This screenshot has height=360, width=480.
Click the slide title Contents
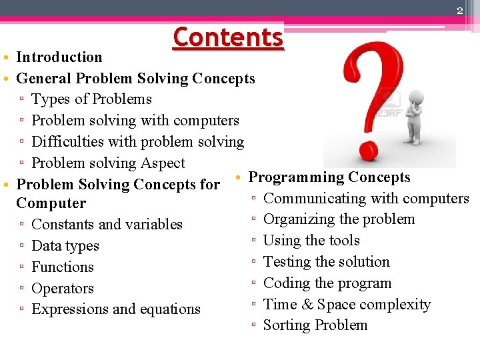coord(228,37)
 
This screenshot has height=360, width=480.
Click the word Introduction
coord(59,57)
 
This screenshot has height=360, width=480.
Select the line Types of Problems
coord(91,99)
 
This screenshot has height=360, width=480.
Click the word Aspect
coord(164,163)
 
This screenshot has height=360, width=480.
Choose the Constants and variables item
coord(107,225)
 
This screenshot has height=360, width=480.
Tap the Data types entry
coord(65,246)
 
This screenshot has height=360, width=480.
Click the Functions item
coord(63,267)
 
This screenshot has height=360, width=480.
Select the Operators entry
coord(63,289)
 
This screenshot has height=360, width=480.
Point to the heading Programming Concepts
coord(329,177)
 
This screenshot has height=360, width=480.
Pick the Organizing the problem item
coord(339,219)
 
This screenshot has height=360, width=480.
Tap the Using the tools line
coord(311,241)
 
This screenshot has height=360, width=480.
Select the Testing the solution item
coord(326,262)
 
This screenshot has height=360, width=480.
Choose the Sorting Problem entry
coord(315,325)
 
